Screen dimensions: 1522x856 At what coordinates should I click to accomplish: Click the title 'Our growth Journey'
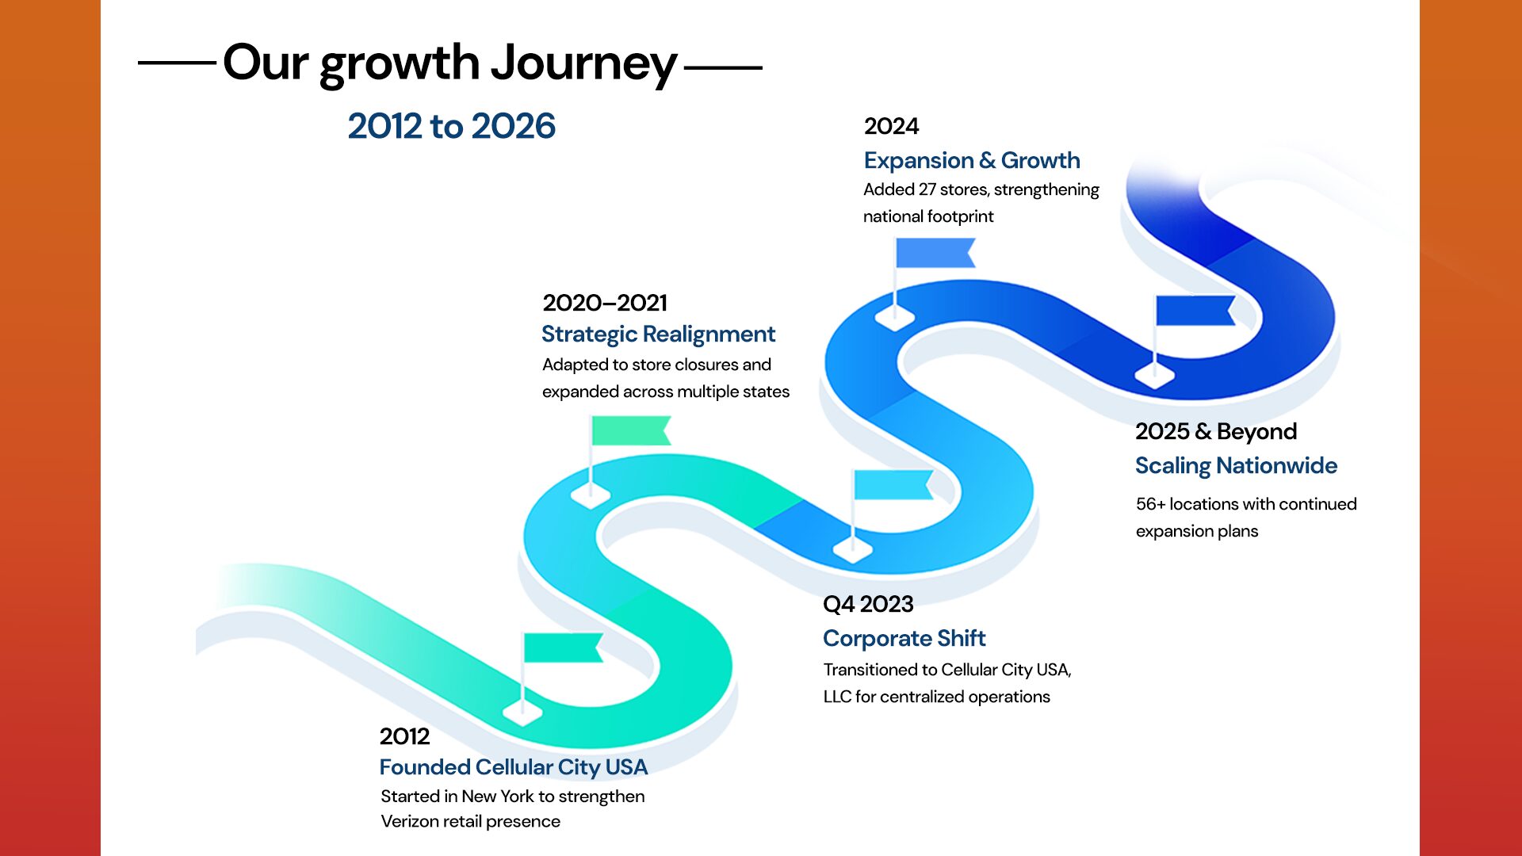450,63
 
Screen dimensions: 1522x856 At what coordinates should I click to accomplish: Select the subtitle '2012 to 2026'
452,127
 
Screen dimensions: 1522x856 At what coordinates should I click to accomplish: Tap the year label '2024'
891,126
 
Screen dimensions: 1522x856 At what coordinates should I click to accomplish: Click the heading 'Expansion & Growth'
972,160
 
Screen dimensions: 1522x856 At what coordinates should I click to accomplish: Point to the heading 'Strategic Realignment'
658,334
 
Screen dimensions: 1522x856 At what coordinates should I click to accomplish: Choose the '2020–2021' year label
605,303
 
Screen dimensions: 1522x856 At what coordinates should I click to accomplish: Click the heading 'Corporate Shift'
904,639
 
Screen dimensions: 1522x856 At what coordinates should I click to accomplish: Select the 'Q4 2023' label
868,605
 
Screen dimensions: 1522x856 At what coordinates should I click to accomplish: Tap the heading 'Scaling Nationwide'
1236,466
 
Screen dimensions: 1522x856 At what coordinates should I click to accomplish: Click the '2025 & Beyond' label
1216,432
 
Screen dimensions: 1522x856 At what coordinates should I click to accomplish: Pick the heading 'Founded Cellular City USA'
514,767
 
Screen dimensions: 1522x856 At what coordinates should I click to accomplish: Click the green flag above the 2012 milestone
563,648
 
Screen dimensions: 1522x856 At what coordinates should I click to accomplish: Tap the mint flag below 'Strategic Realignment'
631,430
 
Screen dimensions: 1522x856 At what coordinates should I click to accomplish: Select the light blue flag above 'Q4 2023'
893,484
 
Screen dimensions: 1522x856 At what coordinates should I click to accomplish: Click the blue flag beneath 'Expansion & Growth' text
935,253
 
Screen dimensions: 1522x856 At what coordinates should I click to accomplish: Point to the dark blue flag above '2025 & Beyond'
1195,311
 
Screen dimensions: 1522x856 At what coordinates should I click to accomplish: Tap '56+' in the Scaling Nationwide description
1150,504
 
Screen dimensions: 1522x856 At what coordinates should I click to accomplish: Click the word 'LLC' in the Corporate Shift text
837,697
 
